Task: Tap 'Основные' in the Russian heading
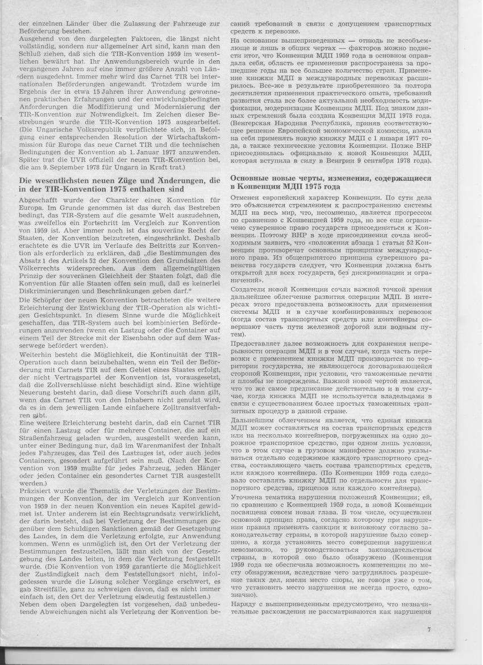coord(251,178)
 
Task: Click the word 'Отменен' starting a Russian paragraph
coord(247,197)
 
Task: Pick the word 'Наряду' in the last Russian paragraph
coord(244,601)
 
